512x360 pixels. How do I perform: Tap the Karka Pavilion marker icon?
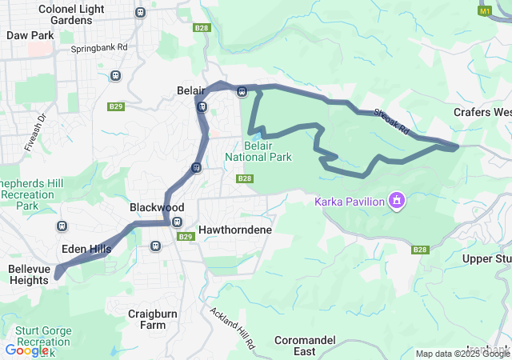pyautogui.click(x=396, y=199)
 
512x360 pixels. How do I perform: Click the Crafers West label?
pyautogui.click(x=482, y=112)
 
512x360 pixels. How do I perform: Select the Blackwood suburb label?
pyautogui.click(x=157, y=207)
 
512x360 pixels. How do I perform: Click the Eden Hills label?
pyautogui.click(x=86, y=249)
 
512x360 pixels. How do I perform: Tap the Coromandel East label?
pyautogui.click(x=304, y=346)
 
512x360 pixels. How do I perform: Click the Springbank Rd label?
pyautogui.click(x=99, y=47)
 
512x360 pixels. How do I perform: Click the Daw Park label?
pyautogui.click(x=30, y=35)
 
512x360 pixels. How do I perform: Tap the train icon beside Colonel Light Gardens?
pyautogui.click(x=141, y=12)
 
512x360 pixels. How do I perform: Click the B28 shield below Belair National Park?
pyautogui.click(x=245, y=178)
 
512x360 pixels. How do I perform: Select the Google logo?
pyautogui.click(x=26, y=350)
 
